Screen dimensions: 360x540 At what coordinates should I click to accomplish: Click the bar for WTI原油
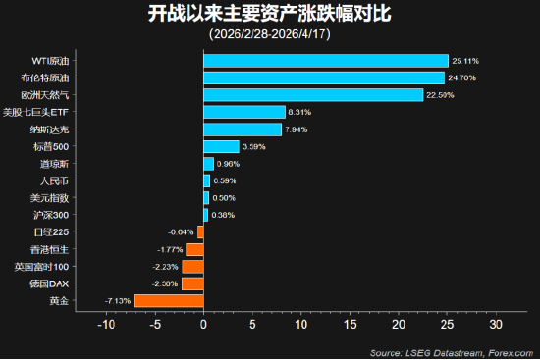pyautogui.click(x=325, y=61)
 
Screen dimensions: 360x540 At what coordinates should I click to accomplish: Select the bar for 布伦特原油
pyautogui.click(x=324, y=77)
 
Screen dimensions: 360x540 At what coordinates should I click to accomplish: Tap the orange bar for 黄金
pyautogui.click(x=169, y=301)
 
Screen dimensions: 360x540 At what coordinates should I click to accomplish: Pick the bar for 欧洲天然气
pyautogui.click(x=313, y=95)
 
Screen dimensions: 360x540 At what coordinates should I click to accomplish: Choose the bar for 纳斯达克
pyautogui.click(x=243, y=129)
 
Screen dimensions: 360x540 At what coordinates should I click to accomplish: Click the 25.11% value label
pyautogui.click(x=465, y=61)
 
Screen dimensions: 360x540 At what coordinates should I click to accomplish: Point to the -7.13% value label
pyautogui.click(x=117, y=301)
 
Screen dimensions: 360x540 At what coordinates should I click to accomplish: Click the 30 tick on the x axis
pyautogui.click(x=496, y=323)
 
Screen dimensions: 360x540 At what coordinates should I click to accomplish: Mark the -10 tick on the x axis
pyautogui.click(x=106, y=323)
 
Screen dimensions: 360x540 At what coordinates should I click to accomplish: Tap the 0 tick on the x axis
pyautogui.click(x=203, y=323)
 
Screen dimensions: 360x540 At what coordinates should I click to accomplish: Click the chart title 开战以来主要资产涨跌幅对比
pyautogui.click(x=269, y=15)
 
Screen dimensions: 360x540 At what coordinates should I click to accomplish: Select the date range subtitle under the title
pyautogui.click(x=269, y=34)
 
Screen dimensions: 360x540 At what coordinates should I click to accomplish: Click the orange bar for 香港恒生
pyautogui.click(x=194, y=249)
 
